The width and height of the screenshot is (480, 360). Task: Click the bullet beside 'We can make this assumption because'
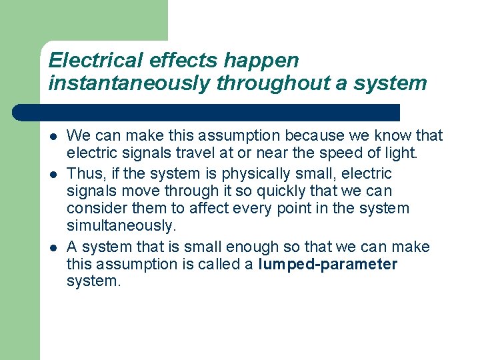[x=53, y=137]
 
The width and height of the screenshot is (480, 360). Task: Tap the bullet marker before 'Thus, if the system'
[x=53, y=174]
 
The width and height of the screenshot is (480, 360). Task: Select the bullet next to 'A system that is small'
[x=53, y=247]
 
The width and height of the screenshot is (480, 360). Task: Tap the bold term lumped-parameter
[x=327, y=265]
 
